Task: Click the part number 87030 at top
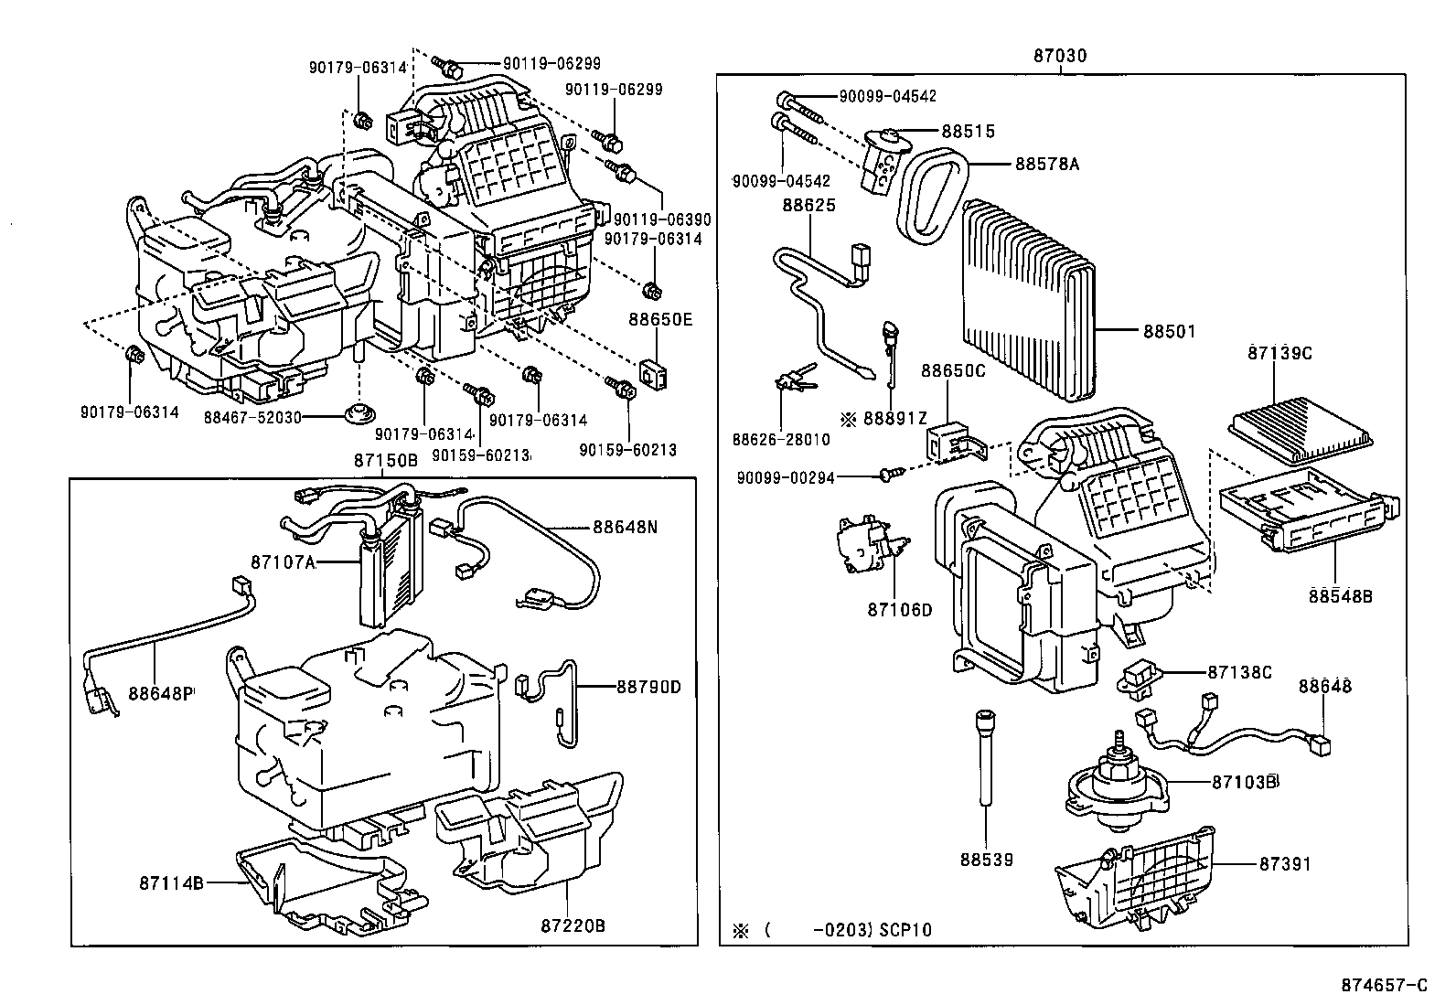(1060, 56)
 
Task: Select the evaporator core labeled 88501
(1024, 302)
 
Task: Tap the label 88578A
(1047, 165)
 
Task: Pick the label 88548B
(1340, 596)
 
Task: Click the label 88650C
(952, 371)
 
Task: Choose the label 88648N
(625, 527)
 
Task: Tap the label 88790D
(648, 686)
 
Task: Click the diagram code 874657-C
(1384, 985)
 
